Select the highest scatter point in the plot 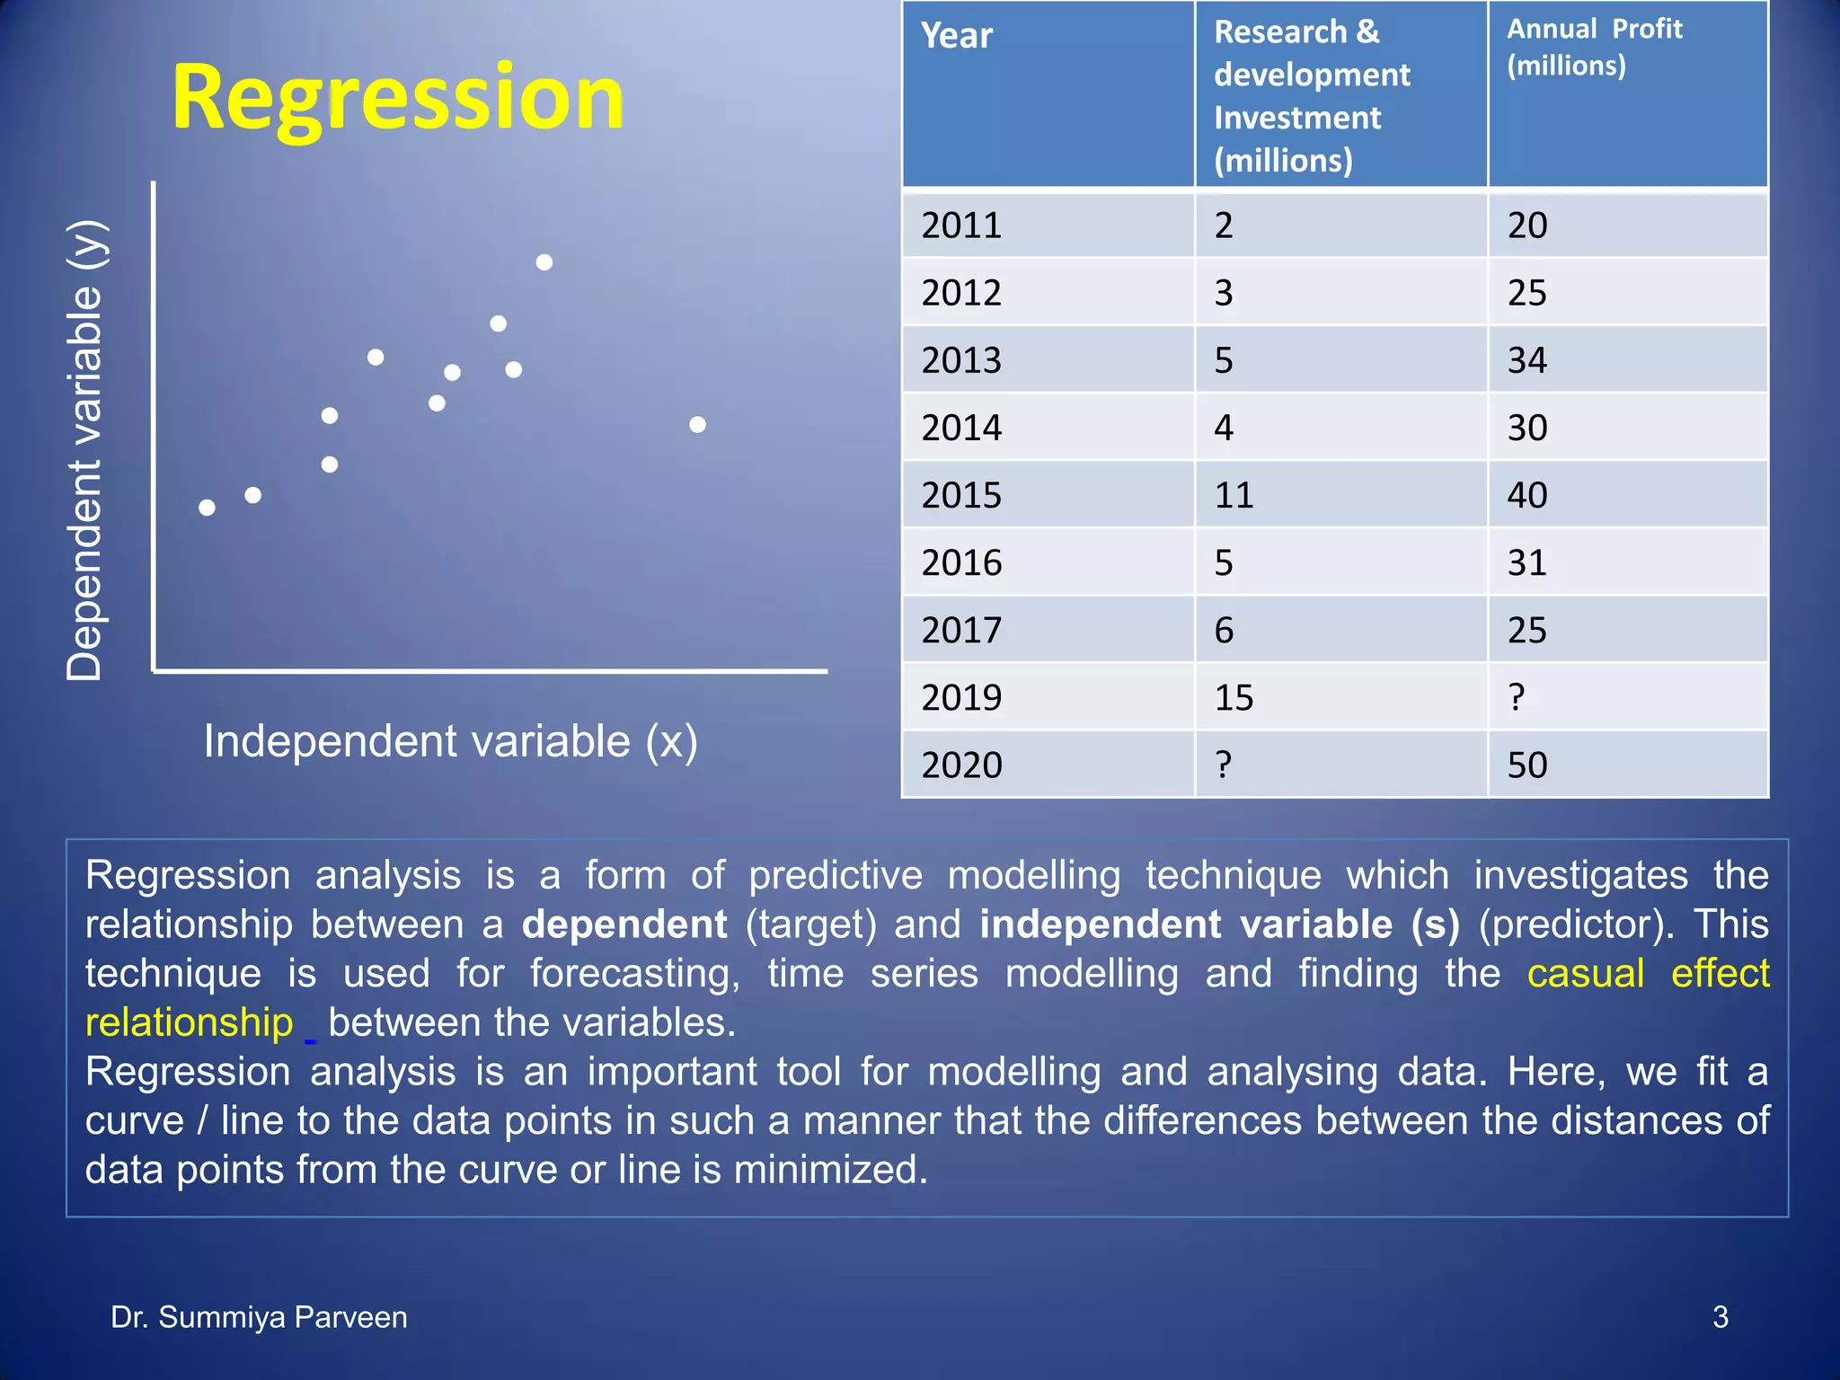pos(544,262)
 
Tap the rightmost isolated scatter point pos(697,425)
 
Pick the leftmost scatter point pos(207,508)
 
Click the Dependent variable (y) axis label pos(86,449)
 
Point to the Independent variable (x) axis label pos(450,742)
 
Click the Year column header pos(957,36)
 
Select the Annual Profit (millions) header pos(1594,47)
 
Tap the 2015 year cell pos(961,495)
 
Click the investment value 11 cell pos(1234,495)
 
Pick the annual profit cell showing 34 pos(1527,360)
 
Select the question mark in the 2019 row pos(1517,697)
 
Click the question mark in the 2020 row pos(1224,765)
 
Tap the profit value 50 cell pos(1527,765)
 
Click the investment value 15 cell pos(1234,697)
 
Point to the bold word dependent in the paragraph pos(624,924)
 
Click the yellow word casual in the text pos(1586,974)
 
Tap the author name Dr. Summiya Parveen pos(259,1317)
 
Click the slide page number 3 pos(1720,1317)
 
